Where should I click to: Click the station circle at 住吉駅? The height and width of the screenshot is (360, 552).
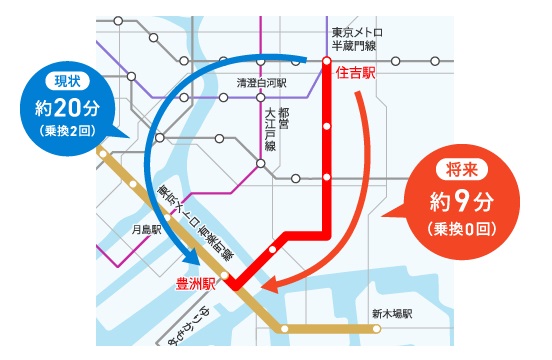click(x=327, y=61)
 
